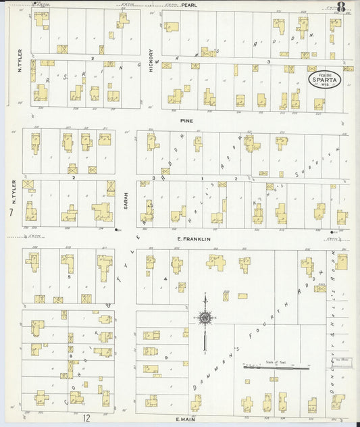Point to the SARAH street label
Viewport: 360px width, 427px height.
point(126,199)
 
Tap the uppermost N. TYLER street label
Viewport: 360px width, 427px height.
point(20,60)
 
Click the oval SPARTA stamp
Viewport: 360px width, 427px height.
point(324,79)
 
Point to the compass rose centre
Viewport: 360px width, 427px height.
point(205,317)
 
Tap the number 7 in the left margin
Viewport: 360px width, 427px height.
point(11,213)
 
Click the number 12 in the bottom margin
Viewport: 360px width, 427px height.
point(86,419)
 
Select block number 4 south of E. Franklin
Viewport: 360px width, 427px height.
point(165,278)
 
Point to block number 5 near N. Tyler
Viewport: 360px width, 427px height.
point(69,276)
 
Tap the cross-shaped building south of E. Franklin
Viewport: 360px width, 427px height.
point(216,262)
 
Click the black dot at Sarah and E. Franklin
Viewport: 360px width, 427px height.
point(117,231)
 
